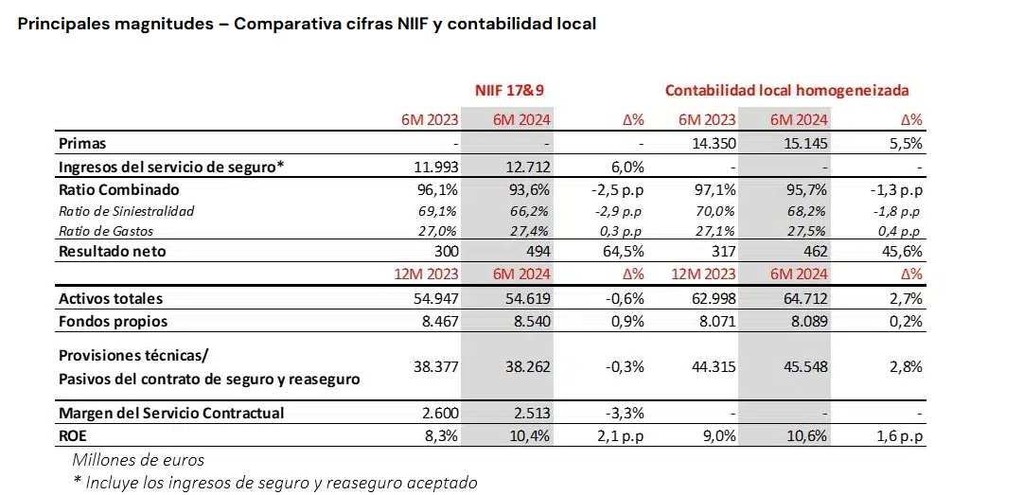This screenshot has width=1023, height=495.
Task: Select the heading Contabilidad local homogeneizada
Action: point(786,90)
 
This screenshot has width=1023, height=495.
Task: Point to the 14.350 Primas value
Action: point(712,144)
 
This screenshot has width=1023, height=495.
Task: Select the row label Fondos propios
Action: point(113,321)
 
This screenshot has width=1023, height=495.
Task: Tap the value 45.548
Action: point(804,367)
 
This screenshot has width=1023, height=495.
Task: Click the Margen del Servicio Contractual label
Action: point(171,413)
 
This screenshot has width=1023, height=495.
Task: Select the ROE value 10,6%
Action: point(808,436)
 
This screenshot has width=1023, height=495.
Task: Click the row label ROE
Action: point(75,436)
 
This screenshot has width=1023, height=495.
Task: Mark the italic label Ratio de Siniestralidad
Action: point(126,211)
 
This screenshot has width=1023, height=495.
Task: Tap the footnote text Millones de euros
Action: point(138,460)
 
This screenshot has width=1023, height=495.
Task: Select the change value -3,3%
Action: point(623,413)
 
